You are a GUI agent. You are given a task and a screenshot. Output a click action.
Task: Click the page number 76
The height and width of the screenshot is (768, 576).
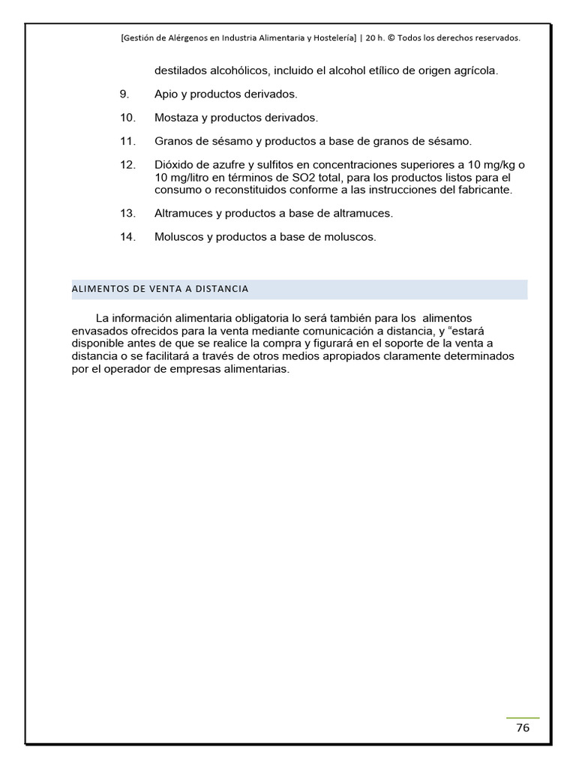(523, 728)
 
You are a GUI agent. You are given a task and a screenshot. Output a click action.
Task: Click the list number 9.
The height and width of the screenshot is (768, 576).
(124, 94)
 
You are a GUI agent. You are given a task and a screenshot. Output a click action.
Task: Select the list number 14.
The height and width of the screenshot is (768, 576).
(127, 237)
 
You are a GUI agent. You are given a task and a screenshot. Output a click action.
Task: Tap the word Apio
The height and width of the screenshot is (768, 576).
(166, 94)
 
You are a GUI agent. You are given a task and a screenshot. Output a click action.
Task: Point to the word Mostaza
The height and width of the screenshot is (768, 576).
(176, 118)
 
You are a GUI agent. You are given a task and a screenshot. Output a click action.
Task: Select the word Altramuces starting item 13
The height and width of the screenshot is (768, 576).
(184, 214)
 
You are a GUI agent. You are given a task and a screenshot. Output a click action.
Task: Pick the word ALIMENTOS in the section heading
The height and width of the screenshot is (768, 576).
(101, 289)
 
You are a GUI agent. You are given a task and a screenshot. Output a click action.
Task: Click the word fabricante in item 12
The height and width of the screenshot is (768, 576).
(485, 190)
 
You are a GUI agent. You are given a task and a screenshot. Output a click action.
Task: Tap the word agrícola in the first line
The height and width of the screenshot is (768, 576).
(474, 71)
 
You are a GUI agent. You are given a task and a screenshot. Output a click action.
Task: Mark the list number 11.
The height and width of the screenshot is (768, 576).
(127, 141)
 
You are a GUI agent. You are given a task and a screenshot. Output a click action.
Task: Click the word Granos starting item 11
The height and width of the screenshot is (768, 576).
(172, 141)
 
